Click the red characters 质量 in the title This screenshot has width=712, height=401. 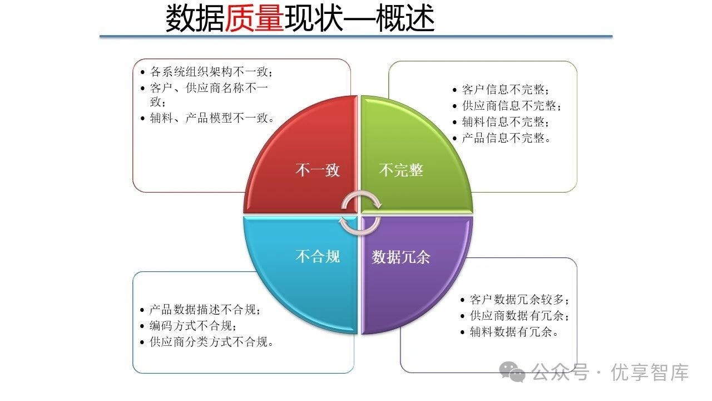(254, 19)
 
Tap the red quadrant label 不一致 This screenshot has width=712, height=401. (317, 170)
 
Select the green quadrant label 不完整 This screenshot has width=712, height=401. (401, 170)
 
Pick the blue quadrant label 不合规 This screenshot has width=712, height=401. (317, 257)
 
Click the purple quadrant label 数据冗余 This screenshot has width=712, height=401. (401, 257)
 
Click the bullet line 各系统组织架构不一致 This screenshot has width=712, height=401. (212, 72)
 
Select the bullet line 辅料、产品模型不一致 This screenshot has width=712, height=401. (212, 118)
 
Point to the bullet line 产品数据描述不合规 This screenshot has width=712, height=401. (205, 310)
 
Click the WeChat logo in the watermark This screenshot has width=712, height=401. (512, 371)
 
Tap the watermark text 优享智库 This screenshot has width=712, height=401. (650, 372)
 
